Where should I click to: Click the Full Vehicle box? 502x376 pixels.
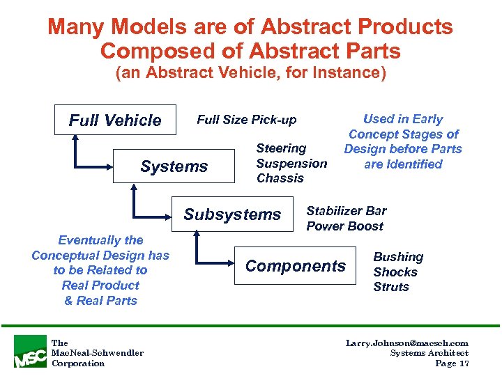[x=114, y=120]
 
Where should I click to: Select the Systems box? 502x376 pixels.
[x=174, y=166]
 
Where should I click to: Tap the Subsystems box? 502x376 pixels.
[x=232, y=214]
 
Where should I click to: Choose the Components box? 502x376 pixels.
[x=296, y=266]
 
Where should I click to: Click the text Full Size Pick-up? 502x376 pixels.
[x=246, y=120]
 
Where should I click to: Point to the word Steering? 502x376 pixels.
[x=281, y=148]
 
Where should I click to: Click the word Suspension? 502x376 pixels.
[x=291, y=164]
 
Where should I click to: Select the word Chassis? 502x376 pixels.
[x=280, y=178]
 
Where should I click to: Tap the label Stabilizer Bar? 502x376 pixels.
[x=347, y=211]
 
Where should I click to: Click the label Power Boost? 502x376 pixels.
[x=344, y=226]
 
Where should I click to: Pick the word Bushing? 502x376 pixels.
[x=398, y=257]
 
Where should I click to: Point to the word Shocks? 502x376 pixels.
[x=395, y=272]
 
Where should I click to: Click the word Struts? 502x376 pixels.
[x=391, y=287]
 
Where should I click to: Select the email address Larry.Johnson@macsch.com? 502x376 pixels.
[x=407, y=343]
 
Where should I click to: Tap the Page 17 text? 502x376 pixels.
[x=451, y=363]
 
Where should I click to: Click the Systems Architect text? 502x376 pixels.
[x=429, y=354]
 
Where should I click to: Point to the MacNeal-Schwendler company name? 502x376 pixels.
[x=97, y=353]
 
